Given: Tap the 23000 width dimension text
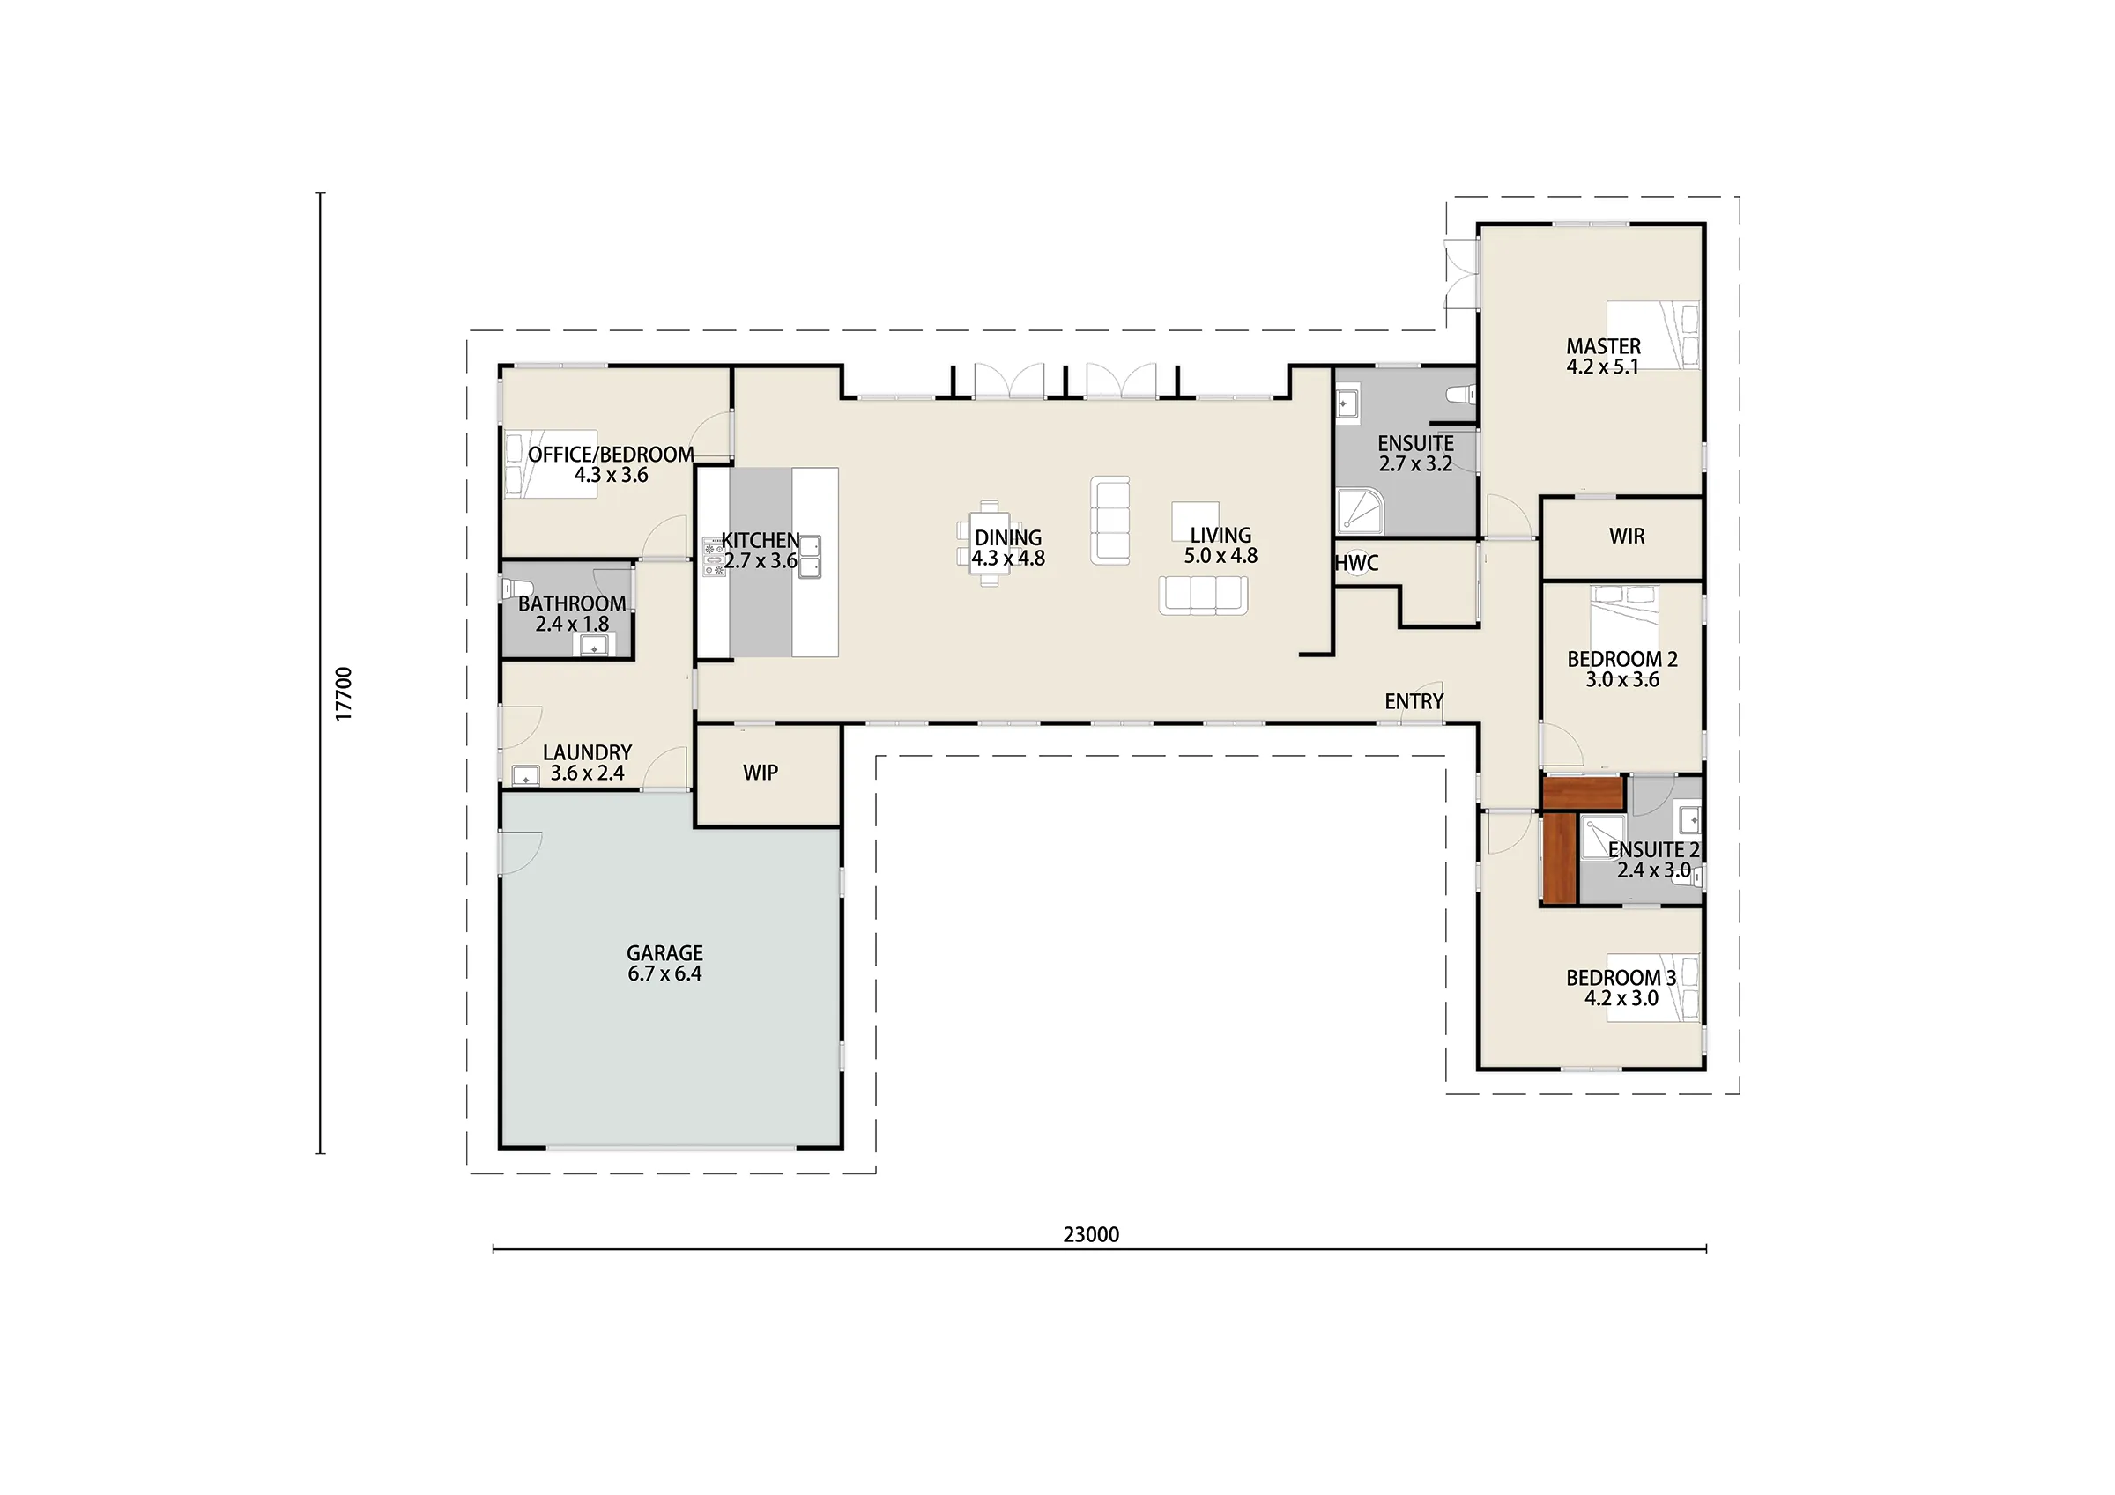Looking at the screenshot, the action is [1092, 1234].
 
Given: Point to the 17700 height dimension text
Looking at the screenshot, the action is [344, 693].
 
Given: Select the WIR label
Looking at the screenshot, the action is [1627, 537].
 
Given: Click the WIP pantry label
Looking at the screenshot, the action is [761, 773].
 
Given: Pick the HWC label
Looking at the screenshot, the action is [1357, 563].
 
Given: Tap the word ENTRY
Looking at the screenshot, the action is [1414, 702].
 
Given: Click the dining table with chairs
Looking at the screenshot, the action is [990, 544].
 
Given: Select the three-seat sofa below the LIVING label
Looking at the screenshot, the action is [1204, 595].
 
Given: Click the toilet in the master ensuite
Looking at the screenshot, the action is [1462, 396].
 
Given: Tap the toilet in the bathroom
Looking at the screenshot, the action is [517, 588].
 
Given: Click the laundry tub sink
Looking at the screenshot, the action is [526, 776].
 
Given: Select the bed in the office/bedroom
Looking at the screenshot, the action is [550, 464].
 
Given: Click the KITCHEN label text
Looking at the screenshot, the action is [760, 541].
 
